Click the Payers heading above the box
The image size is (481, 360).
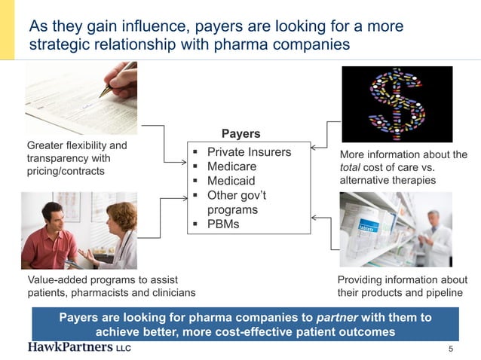pyautogui.click(x=240, y=133)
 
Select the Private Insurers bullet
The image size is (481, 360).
pyautogui.click(x=249, y=152)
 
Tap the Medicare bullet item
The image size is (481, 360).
pyautogui.click(x=231, y=166)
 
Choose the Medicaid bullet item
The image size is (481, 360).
pyautogui.click(x=231, y=181)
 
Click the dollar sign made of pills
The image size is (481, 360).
pyautogui.click(x=397, y=104)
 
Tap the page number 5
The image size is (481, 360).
pyautogui.click(x=450, y=349)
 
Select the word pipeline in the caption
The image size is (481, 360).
pyautogui.click(x=446, y=292)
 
